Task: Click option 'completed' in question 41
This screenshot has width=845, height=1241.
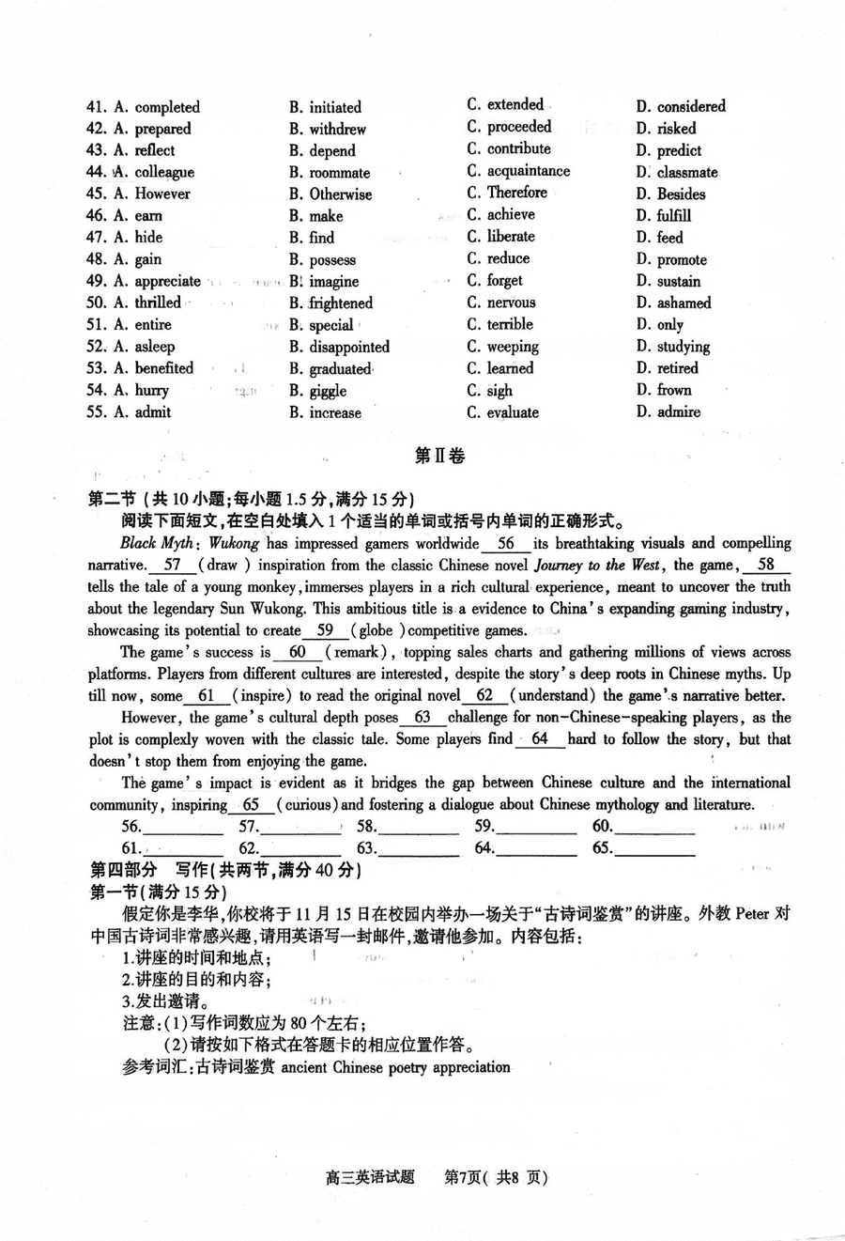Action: [167, 107]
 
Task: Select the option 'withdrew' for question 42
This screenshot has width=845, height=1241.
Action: [337, 129]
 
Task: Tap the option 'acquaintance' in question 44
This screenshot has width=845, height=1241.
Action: [528, 171]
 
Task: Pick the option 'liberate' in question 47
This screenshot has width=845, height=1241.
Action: [511, 237]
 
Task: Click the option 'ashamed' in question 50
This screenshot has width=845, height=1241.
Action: [684, 303]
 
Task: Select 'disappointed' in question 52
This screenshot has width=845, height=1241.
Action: [349, 347]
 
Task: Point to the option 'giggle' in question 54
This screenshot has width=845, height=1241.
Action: [328, 391]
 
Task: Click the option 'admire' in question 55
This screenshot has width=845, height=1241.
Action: [678, 412]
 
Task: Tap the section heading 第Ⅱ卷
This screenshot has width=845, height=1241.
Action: [439, 457]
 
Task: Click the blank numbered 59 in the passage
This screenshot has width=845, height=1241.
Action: [325, 630]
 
